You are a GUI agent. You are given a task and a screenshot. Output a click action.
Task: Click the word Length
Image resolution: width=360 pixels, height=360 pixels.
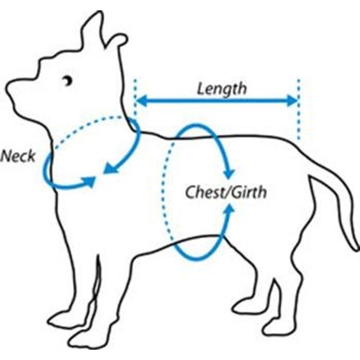[222, 89]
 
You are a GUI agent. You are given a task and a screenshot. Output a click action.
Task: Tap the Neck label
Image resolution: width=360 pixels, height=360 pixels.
[18, 156]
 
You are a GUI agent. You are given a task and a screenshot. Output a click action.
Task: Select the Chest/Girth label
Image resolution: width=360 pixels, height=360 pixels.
[226, 192]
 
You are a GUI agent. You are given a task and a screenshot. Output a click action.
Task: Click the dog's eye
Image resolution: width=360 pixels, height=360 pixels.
[68, 81]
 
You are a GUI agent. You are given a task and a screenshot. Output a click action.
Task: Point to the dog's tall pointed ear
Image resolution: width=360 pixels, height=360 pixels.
[93, 30]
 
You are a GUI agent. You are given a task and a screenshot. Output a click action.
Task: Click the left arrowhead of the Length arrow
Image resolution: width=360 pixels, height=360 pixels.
[141, 101]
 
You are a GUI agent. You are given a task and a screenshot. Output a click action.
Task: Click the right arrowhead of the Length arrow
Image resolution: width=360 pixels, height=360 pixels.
[292, 101]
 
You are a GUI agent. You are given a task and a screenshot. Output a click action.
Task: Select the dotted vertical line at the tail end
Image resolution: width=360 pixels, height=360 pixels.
[298, 109]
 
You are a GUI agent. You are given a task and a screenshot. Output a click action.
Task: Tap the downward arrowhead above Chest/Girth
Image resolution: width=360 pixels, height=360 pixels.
[229, 174]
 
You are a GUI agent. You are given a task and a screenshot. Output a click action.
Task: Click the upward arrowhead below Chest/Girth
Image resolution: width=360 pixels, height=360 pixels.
[229, 209]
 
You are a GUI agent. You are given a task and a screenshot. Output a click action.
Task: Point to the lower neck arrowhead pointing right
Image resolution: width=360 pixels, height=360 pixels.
[90, 181]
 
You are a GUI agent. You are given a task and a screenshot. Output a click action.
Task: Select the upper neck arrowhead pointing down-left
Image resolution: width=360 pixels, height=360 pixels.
[110, 169]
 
